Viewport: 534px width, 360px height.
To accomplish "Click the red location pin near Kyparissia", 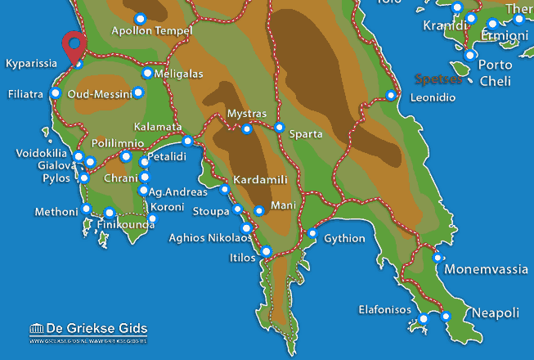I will coord(76,44).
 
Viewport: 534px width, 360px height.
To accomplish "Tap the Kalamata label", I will coord(157,127).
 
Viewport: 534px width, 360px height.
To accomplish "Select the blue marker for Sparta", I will coord(280,128).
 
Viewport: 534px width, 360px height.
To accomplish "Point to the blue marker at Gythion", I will coord(312,234).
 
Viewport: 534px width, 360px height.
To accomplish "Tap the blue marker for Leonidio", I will coord(391,96).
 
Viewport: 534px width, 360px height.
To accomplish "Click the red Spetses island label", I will coord(439,79).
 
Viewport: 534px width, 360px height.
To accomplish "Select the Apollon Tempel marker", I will coord(140,19).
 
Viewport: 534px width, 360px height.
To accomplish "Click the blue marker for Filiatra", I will coord(56,93).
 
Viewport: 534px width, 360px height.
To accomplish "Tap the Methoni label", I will coord(56,212).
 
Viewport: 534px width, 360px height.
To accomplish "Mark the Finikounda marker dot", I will coord(110,213).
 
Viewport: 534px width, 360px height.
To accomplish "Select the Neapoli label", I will coord(496,313).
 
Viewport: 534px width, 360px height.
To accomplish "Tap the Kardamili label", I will coord(258,178).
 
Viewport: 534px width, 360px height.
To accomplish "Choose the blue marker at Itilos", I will coord(267,250).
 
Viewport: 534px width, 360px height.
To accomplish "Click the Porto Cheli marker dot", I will coord(470,55).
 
